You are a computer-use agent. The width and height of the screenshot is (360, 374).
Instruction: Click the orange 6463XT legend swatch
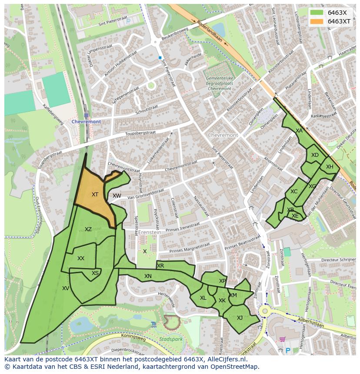click(x=317, y=21)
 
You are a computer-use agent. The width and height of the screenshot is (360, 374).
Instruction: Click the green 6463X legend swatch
click(x=317, y=13)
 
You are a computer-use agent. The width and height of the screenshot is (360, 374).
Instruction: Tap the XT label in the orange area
click(x=95, y=195)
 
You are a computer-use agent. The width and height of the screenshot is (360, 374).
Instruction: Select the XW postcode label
click(x=117, y=196)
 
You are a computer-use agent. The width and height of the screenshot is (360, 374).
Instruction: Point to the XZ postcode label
click(x=88, y=229)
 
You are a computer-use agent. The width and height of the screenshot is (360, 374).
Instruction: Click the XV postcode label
click(x=66, y=288)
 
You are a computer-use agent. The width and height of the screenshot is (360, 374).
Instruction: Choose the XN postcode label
click(x=148, y=276)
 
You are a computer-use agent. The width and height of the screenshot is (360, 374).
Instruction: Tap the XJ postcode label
click(x=240, y=318)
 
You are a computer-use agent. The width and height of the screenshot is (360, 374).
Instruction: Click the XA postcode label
click(x=299, y=130)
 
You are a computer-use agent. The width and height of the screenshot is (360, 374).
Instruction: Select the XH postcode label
click(x=330, y=167)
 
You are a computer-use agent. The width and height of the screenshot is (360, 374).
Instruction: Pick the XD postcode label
click(x=315, y=155)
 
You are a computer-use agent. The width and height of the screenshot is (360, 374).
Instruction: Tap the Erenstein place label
click(x=150, y=232)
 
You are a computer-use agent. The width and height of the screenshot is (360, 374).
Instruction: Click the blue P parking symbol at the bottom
click(x=287, y=350)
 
